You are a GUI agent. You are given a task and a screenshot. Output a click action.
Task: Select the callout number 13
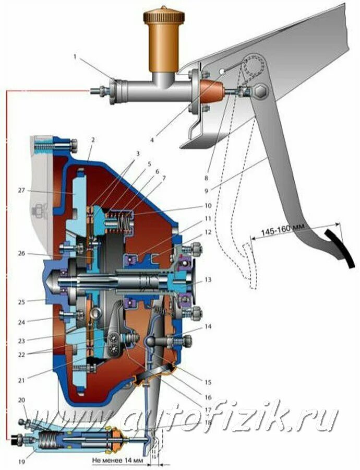(x=208, y=280)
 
